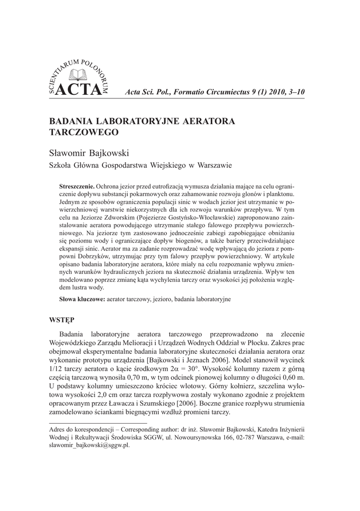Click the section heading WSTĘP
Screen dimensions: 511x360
(x=61, y=318)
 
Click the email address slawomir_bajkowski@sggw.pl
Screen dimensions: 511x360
(x=89, y=446)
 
